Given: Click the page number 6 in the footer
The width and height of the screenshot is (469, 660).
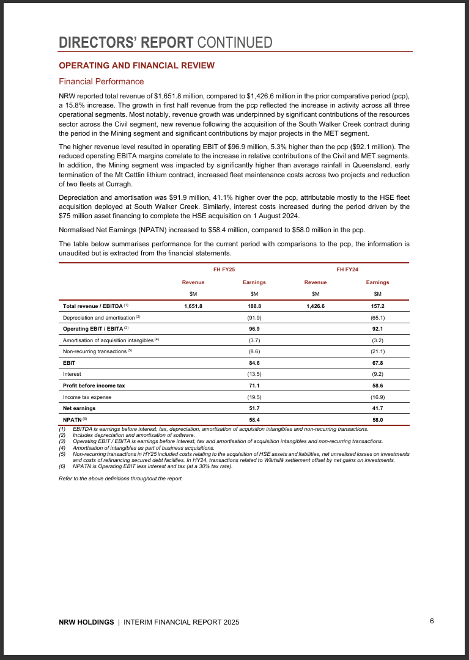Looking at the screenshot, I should pos(432,621).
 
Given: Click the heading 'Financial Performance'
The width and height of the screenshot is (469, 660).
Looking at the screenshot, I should pos(101,81).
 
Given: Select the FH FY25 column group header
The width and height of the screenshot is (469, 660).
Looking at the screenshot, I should pos(224,269).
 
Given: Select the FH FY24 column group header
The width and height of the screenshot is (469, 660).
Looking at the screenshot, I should pos(347,269).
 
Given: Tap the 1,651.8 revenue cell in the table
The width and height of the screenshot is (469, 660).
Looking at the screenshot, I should pos(193,306).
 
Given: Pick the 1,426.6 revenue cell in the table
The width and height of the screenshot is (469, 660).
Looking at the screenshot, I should pos(316,306).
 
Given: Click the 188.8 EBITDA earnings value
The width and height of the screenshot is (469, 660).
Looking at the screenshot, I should pos(254,306).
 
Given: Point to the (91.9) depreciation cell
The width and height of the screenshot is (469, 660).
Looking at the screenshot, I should pos(254,317).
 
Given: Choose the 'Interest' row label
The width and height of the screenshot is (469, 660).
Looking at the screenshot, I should pos(72,374).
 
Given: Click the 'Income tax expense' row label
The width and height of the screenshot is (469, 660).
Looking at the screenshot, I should pos(87,397).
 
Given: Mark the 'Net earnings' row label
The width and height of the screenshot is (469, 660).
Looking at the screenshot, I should pos(79,408).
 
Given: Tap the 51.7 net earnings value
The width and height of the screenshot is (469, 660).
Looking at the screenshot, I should pos(254,408).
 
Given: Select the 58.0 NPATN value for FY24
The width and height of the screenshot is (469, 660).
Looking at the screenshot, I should pos(377,420).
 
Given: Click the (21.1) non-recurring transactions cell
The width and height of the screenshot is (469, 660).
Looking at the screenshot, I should pos(377,351).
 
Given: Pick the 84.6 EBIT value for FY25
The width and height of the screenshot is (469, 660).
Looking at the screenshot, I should pos(254,363).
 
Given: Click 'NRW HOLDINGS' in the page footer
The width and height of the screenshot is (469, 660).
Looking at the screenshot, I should pos(86,622).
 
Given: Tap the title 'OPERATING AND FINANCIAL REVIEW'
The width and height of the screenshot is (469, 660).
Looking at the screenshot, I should pos(136,65).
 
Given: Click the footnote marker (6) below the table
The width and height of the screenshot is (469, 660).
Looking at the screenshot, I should pos(62,466).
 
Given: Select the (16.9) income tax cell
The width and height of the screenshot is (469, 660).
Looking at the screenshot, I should pos(377,397).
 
